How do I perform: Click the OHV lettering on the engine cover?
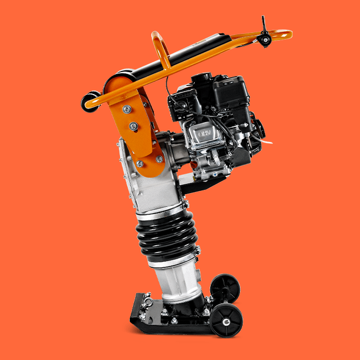pyautogui.click(x=204, y=134)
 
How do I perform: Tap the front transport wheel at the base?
pyautogui.click(x=226, y=320)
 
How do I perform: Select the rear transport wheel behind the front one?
pyautogui.click(x=225, y=289)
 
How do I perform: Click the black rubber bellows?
pyautogui.click(x=167, y=236)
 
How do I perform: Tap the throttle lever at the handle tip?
pyautogui.click(x=265, y=32)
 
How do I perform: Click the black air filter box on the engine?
pyautogui.click(x=231, y=92)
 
